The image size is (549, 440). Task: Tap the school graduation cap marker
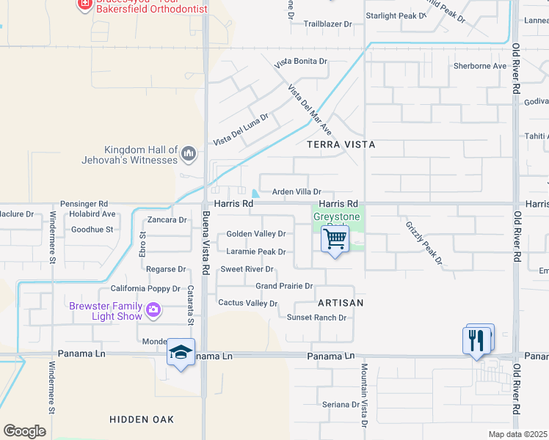point(181,353)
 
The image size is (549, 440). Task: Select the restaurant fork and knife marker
point(478,340)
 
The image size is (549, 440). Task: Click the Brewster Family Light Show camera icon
point(153,310)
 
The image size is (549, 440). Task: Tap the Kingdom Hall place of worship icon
point(189,154)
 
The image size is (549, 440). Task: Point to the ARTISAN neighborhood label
point(341,302)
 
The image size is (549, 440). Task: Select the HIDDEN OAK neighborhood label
point(142,419)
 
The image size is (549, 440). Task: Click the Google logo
point(24,431)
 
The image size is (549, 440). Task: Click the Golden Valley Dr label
point(255,234)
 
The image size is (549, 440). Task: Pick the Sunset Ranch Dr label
point(316,318)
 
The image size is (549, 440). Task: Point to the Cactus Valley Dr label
point(248,303)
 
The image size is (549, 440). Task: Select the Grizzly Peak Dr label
point(424,243)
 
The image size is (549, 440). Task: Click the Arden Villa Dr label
point(297,191)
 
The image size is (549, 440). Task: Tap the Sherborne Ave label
point(480,66)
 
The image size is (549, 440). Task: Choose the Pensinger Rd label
point(84,204)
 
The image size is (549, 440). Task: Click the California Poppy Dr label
point(145,288)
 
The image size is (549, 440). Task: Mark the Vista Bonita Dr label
point(301,61)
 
